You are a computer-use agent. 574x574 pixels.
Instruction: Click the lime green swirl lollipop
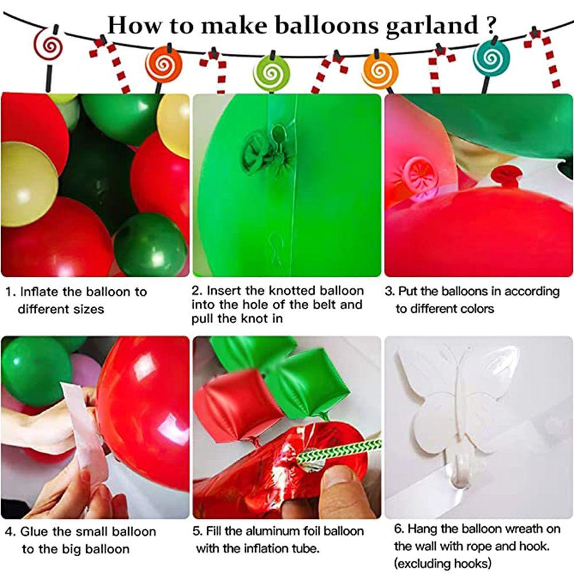pos(271,71)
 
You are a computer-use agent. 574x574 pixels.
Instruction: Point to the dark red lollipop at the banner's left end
pos(49,44)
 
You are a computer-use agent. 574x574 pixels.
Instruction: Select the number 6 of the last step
pos(401,529)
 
